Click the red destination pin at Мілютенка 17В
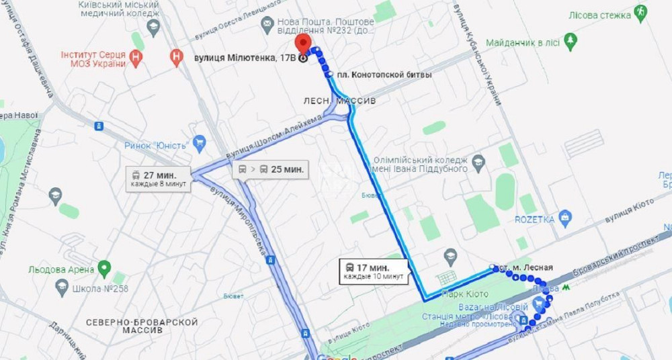pos(304,44)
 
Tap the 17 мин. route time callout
pos(374,271)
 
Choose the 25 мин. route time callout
pos(271,169)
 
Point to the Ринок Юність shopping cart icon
pos(199,142)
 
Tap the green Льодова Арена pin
pos(103,269)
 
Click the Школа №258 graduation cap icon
pos(62,289)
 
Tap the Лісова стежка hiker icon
pos(640,12)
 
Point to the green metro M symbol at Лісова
pos(567,286)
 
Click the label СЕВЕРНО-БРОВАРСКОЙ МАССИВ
pos(141,326)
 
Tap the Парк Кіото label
pos(464,294)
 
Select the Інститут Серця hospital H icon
pos(137,58)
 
